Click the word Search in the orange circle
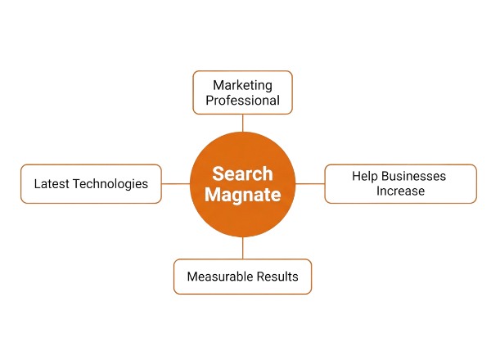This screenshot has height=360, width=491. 242,174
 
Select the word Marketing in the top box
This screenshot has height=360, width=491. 241,84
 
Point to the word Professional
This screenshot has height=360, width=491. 241,101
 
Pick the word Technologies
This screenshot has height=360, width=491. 110,183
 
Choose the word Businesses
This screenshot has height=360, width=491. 416,174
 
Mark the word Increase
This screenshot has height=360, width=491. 400,191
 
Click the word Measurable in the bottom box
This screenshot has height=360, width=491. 217,277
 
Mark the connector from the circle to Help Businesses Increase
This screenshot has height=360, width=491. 310,183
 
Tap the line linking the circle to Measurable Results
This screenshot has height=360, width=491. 242,247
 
